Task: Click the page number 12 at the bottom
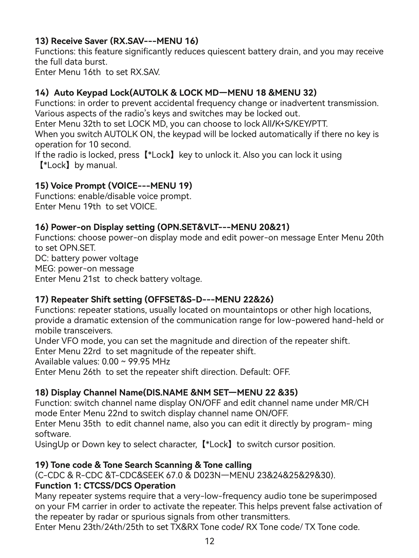[x=209, y=541]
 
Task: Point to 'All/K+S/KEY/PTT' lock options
[x=295, y=124]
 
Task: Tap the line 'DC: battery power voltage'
[x=87, y=258]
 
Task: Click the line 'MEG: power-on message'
[x=84, y=269]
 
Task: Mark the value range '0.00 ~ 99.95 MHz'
[x=136, y=362]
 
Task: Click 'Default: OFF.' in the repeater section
[x=265, y=372]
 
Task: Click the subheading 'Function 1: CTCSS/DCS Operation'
[x=105, y=486]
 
